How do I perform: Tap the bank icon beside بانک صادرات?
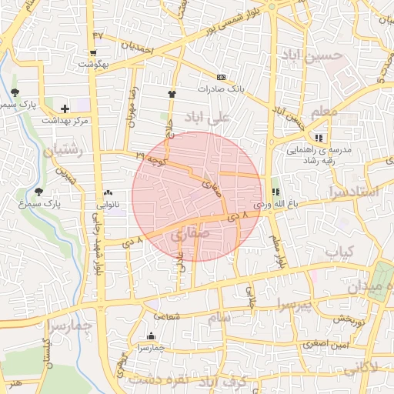[x=222, y=78]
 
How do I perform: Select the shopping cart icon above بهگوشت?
[x=93, y=53]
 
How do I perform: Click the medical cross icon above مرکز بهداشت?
[x=65, y=109]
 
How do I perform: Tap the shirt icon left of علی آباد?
[x=171, y=94]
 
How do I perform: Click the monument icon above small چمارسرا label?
[x=150, y=336]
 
